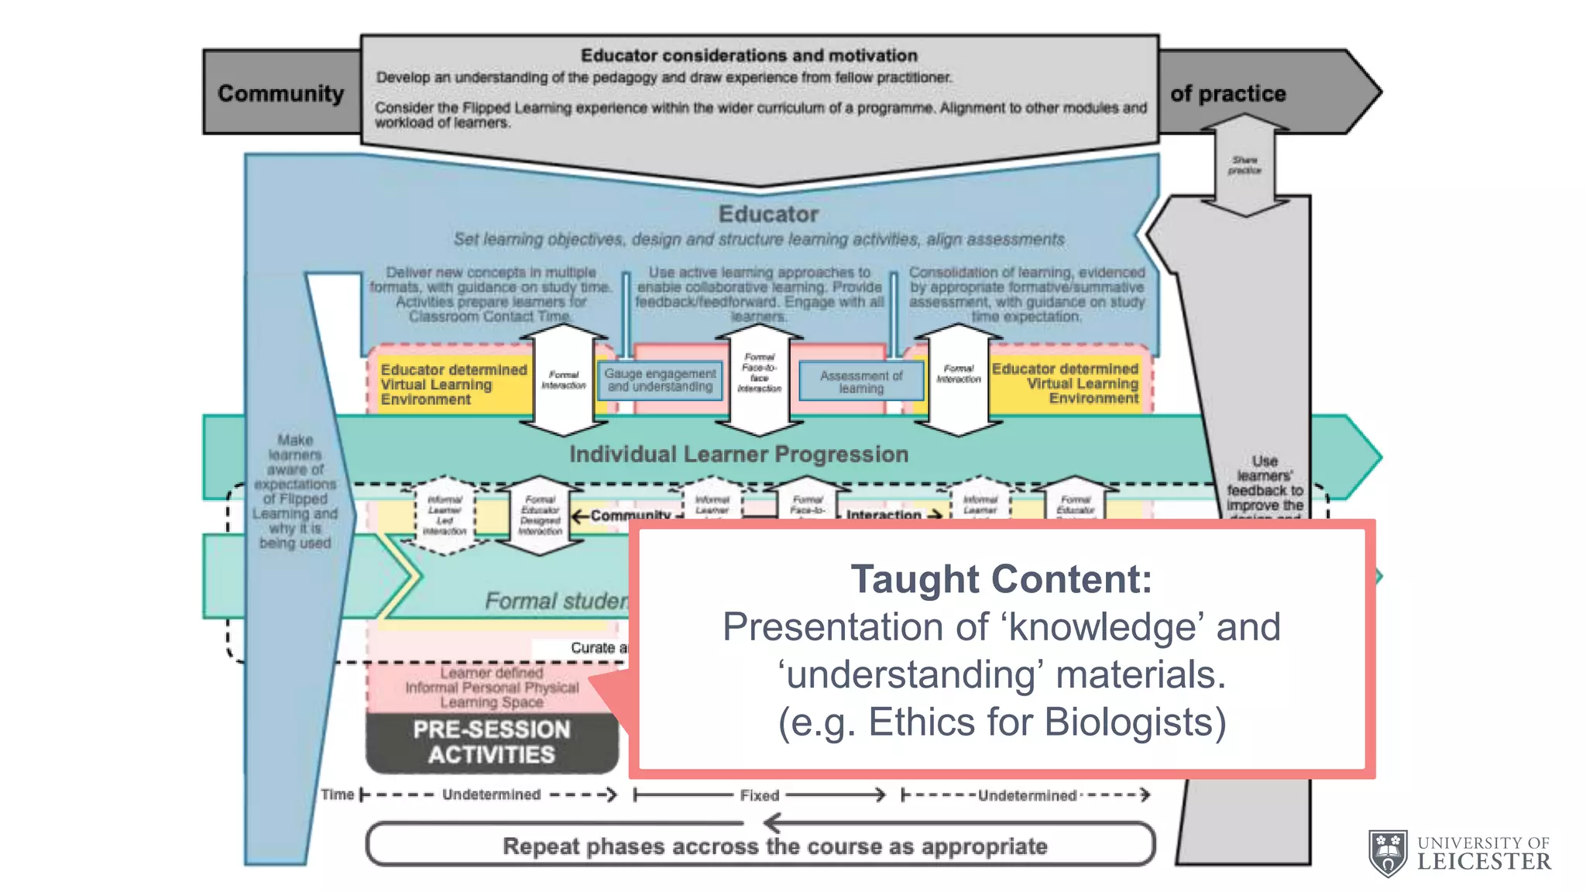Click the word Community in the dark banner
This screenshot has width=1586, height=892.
pyautogui.click(x=280, y=93)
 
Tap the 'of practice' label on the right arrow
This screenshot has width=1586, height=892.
pyautogui.click(x=1227, y=94)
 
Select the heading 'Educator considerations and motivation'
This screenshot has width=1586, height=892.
pyautogui.click(x=749, y=56)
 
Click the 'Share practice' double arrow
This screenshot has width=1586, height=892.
pyautogui.click(x=1244, y=165)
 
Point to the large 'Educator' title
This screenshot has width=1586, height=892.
pyautogui.click(x=768, y=214)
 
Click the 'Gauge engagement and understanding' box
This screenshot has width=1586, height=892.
pyautogui.click(x=660, y=380)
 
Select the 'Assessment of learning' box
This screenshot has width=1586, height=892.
pyautogui.click(x=861, y=382)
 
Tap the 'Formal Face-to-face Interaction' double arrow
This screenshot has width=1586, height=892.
pyautogui.click(x=759, y=378)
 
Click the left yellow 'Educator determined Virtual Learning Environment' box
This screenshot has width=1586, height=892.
pyautogui.click(x=452, y=384)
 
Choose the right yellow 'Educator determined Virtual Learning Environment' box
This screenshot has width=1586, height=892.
pyautogui.click(x=1066, y=383)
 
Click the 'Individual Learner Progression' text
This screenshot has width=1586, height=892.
pyautogui.click(x=739, y=455)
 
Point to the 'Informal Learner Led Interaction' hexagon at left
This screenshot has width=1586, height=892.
pyautogui.click(x=445, y=516)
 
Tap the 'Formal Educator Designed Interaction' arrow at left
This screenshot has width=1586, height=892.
pyautogui.click(x=540, y=516)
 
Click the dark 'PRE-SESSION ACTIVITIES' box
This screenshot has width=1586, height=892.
pyautogui.click(x=492, y=742)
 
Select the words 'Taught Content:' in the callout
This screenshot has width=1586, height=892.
pyautogui.click(x=1001, y=579)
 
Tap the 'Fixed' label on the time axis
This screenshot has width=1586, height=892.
pyautogui.click(x=759, y=795)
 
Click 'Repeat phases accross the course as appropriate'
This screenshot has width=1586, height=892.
pyautogui.click(x=774, y=846)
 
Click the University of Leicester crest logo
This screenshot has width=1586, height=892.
pyautogui.click(x=1388, y=853)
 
